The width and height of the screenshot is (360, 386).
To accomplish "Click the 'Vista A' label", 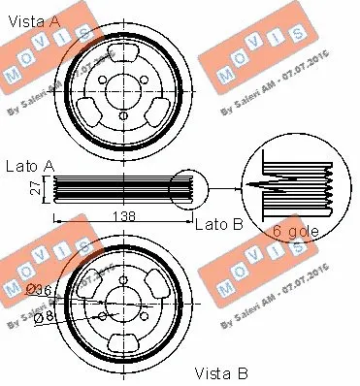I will pyautogui.click(x=33, y=18).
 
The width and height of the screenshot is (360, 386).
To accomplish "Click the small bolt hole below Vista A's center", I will pyautogui.click(x=124, y=119).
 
